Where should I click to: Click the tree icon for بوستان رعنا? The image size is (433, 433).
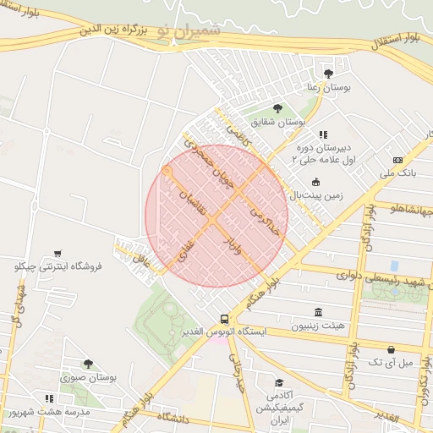pos(328,74)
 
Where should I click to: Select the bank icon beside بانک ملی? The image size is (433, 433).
pos(397,160)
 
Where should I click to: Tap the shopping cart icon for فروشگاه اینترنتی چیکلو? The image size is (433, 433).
pos(58,253)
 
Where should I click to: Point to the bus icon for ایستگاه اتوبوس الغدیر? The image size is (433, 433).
pos(224,319)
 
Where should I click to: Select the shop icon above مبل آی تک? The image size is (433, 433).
pos(391,349)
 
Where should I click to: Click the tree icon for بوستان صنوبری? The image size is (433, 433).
pos(87,364)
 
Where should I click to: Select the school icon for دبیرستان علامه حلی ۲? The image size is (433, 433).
pos(323,134)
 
